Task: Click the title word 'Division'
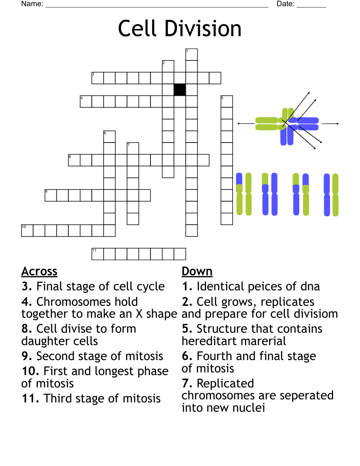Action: (204, 29)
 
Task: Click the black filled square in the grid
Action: (180, 90)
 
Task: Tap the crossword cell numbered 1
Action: (191, 54)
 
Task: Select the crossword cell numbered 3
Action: (97, 78)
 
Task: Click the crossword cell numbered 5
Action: (227, 101)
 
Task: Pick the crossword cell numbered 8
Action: (74, 160)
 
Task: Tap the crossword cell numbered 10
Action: (27, 231)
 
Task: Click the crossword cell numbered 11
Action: (97, 254)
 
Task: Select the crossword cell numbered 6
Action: (109, 136)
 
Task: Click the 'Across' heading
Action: (39, 271)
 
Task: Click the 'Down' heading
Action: (197, 271)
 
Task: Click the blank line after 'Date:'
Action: (311, 5)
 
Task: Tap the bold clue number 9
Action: (27, 356)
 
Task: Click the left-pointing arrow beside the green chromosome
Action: (246, 124)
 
